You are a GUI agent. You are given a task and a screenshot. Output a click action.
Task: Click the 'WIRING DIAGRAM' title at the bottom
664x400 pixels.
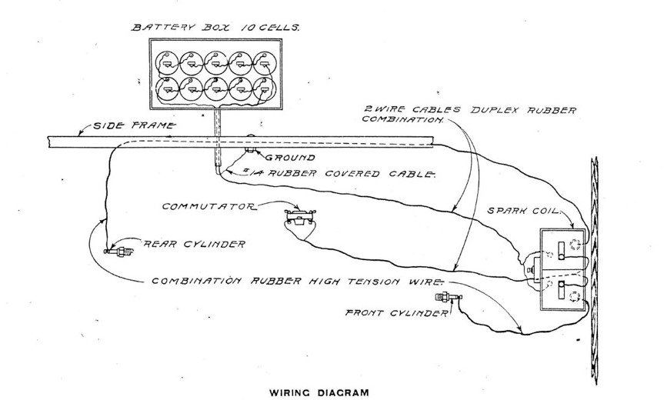319,392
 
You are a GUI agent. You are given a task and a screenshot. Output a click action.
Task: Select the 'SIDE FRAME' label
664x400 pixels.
133,125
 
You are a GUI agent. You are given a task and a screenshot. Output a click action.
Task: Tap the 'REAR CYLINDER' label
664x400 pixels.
194,245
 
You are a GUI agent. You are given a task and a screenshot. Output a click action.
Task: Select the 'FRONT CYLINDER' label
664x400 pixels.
396,313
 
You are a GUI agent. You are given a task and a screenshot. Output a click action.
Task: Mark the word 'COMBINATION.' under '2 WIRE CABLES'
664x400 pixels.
403,121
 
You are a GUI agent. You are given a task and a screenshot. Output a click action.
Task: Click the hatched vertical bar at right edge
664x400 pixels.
593,269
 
